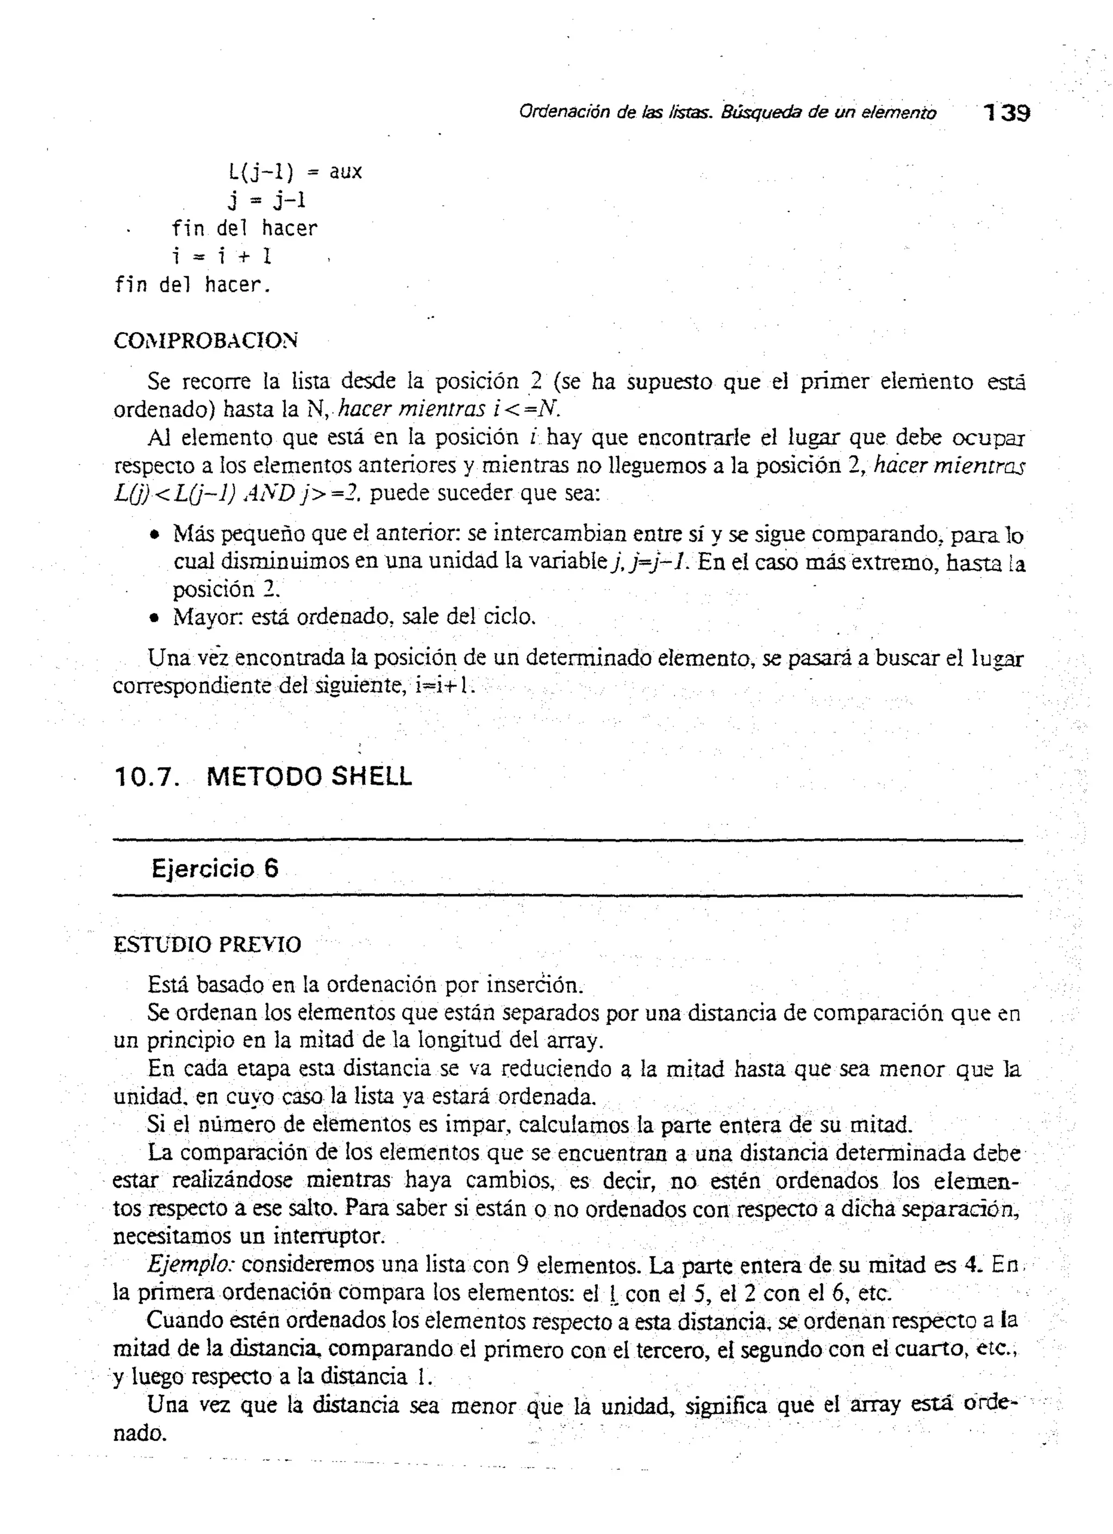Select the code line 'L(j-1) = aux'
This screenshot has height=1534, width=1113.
tap(295, 172)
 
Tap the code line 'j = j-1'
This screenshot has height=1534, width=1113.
tap(267, 200)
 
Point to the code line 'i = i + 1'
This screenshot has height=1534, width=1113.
tap(221, 256)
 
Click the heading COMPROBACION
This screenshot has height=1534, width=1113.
tap(205, 341)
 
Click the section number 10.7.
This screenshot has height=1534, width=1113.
tap(147, 777)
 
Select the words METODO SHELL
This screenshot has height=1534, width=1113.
tap(309, 777)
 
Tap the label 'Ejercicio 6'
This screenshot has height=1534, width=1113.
tap(215, 868)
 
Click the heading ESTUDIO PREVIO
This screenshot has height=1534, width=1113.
tap(207, 945)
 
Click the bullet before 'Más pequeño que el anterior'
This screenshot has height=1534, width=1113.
tap(155, 535)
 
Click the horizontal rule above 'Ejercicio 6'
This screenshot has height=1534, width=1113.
tap(567, 841)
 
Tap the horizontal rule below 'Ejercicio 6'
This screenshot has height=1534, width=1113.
tap(567, 897)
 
